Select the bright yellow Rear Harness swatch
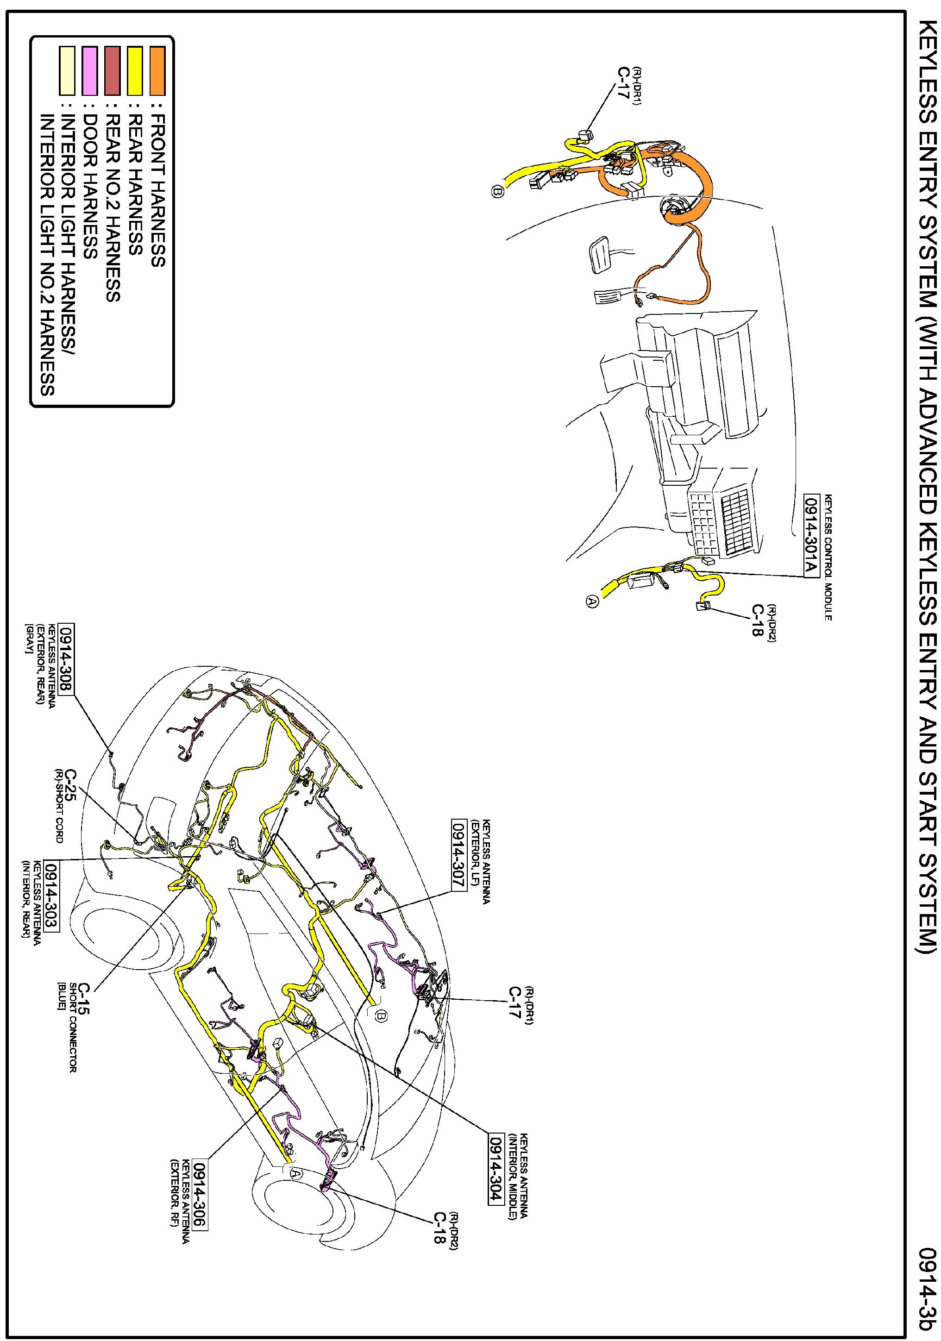135,71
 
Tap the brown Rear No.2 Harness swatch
112,71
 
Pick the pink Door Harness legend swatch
89,71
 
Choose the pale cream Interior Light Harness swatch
67,71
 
